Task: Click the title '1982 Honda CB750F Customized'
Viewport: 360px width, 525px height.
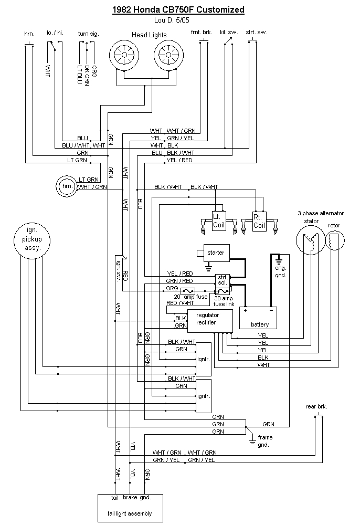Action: point(179,9)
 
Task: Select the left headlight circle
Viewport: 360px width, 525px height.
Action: point(124,55)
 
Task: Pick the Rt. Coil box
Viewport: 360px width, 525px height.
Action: point(259,220)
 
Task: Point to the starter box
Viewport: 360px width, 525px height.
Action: point(215,253)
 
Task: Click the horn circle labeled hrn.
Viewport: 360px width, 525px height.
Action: point(66,186)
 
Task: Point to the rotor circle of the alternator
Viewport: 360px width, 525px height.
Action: point(334,241)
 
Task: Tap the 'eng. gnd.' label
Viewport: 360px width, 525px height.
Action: point(280,271)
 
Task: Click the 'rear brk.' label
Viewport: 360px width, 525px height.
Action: point(316,406)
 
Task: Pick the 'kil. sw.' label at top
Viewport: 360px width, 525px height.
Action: point(228,32)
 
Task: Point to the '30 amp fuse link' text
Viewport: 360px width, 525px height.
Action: point(224,301)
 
